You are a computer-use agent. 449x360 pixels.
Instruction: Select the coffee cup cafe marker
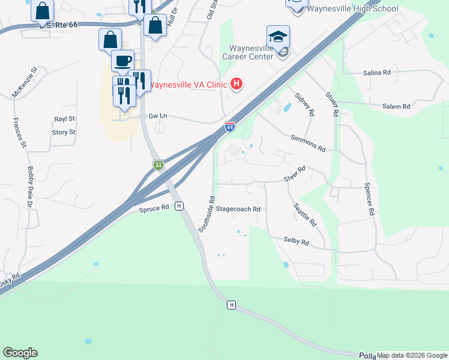(x=122, y=61)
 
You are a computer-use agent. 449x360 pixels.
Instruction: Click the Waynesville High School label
(x=352, y=8)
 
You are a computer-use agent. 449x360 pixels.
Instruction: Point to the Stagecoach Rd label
(x=238, y=209)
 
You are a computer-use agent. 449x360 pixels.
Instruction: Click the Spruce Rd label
(x=154, y=209)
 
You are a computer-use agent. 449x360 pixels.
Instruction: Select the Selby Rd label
(x=297, y=242)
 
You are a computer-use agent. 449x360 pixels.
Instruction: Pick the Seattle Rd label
(x=305, y=214)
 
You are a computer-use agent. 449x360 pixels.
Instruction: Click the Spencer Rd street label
(x=370, y=199)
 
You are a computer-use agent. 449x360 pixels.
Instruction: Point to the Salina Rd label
(x=376, y=73)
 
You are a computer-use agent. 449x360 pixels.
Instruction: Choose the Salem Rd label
(x=396, y=106)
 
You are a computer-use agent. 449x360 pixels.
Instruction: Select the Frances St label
(x=20, y=133)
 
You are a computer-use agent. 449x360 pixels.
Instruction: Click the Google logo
(x=20, y=353)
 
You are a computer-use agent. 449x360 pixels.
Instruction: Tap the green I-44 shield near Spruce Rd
(x=158, y=164)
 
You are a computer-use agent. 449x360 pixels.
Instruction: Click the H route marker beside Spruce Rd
(x=179, y=206)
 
